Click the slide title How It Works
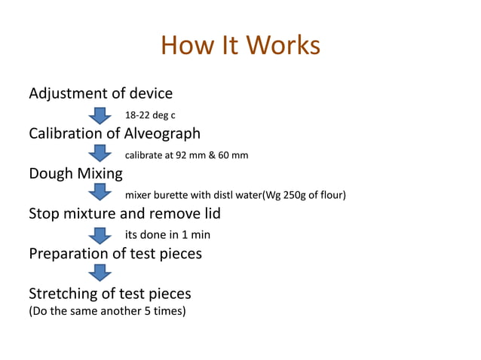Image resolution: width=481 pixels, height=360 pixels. (240, 45)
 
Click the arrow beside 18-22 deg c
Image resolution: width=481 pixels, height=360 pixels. (100, 115)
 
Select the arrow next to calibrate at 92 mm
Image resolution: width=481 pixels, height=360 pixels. (100, 154)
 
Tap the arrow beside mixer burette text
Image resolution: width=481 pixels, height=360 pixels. (100, 194)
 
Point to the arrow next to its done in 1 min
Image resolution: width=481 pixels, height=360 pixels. (100, 234)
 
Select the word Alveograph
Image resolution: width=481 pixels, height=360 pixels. (161, 134)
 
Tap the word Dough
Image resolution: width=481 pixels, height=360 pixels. (51, 174)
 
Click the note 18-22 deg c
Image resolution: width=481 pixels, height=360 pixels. (150, 116)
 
